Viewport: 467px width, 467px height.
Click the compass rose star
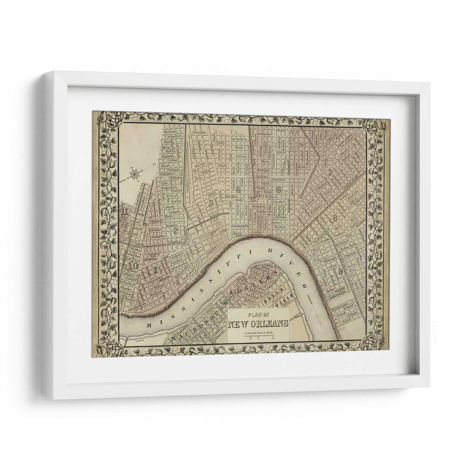pyautogui.click(x=134, y=173)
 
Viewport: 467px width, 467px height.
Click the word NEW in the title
pyautogui.click(x=239, y=325)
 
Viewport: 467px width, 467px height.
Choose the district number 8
pyautogui.click(x=335, y=219)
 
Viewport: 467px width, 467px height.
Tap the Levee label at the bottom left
pyautogui.click(x=138, y=337)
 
